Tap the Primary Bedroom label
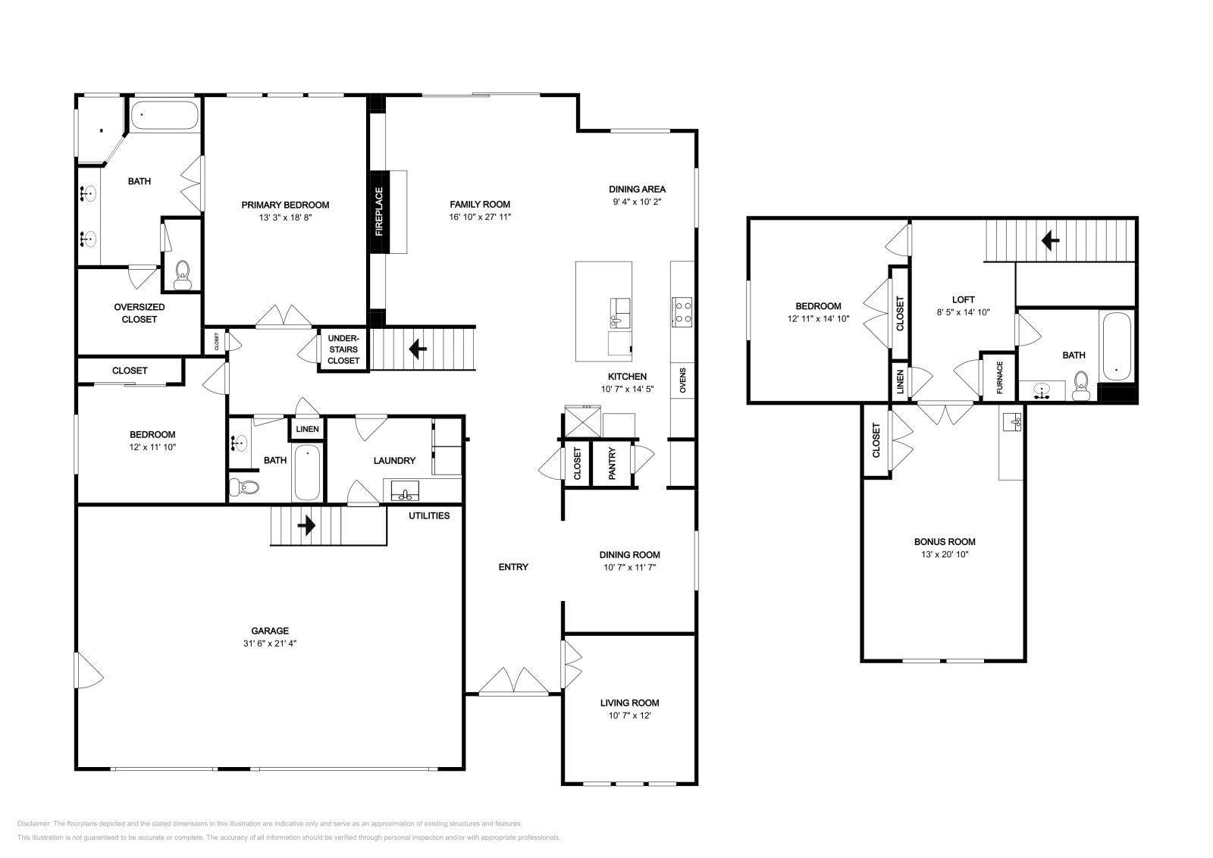point(285,205)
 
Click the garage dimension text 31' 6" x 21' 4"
point(270,643)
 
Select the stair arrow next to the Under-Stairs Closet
point(417,349)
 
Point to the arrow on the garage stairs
point(307,525)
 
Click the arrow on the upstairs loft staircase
point(1050,241)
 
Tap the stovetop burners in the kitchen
point(682,311)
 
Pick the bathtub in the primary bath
point(165,116)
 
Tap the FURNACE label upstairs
point(999,377)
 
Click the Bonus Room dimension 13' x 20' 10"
point(945,554)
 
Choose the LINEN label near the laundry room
point(307,429)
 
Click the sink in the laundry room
point(406,492)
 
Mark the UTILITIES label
point(429,515)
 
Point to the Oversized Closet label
point(139,313)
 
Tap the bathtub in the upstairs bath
point(1117,346)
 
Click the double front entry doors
point(513,681)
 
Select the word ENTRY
point(513,567)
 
